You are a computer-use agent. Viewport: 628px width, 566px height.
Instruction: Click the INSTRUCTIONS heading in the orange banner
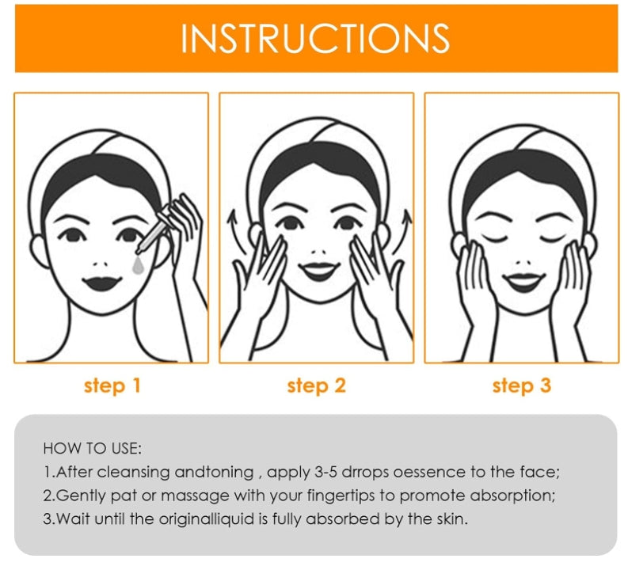coord(315,38)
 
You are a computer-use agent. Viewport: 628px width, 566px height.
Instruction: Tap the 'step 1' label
coord(112,386)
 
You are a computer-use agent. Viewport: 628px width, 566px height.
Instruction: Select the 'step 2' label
coord(317,386)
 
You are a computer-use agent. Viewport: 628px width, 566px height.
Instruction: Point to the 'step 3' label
coord(521,386)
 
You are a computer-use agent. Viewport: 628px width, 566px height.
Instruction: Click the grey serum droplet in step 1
coord(138,265)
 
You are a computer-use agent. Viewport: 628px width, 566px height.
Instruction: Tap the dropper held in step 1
coord(154,234)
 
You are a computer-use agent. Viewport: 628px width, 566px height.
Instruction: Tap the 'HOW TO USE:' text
coord(92,449)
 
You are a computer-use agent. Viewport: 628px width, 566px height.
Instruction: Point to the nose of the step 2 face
coord(319,253)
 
